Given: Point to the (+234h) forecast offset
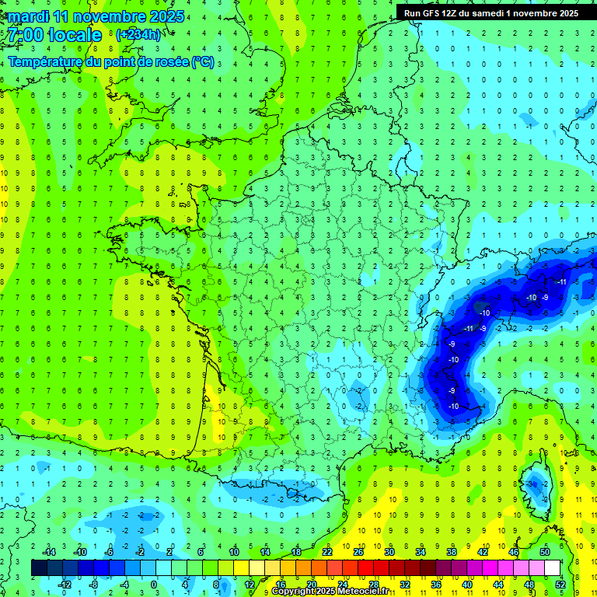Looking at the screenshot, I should (138, 34).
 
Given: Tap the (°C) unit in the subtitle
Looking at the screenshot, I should (203, 61).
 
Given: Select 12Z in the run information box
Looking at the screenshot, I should (450, 13).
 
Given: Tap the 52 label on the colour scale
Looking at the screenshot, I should (560, 584).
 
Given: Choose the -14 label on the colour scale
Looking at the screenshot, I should (48, 552).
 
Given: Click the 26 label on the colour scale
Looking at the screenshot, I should (358, 552).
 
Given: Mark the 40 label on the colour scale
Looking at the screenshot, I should (466, 584).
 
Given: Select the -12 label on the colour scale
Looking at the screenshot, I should (64, 584).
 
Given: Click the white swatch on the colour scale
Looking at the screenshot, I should (552, 567).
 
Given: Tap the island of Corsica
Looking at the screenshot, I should (534, 486).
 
